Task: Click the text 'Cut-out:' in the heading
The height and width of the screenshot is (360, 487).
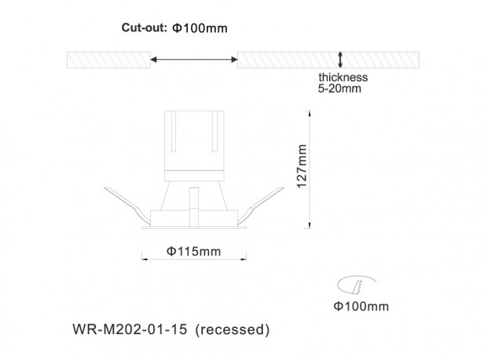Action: (145, 28)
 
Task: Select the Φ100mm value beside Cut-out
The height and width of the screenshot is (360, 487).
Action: (200, 28)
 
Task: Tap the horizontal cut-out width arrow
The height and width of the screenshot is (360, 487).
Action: (194, 60)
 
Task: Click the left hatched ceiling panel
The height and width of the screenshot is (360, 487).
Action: (108, 60)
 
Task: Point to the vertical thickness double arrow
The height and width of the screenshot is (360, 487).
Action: (340, 60)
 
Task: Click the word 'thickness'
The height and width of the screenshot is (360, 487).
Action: (343, 77)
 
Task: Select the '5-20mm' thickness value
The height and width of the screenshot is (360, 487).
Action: (339, 89)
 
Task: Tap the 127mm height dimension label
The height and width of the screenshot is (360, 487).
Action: (302, 166)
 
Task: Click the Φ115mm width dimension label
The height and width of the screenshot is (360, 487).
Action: (194, 252)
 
